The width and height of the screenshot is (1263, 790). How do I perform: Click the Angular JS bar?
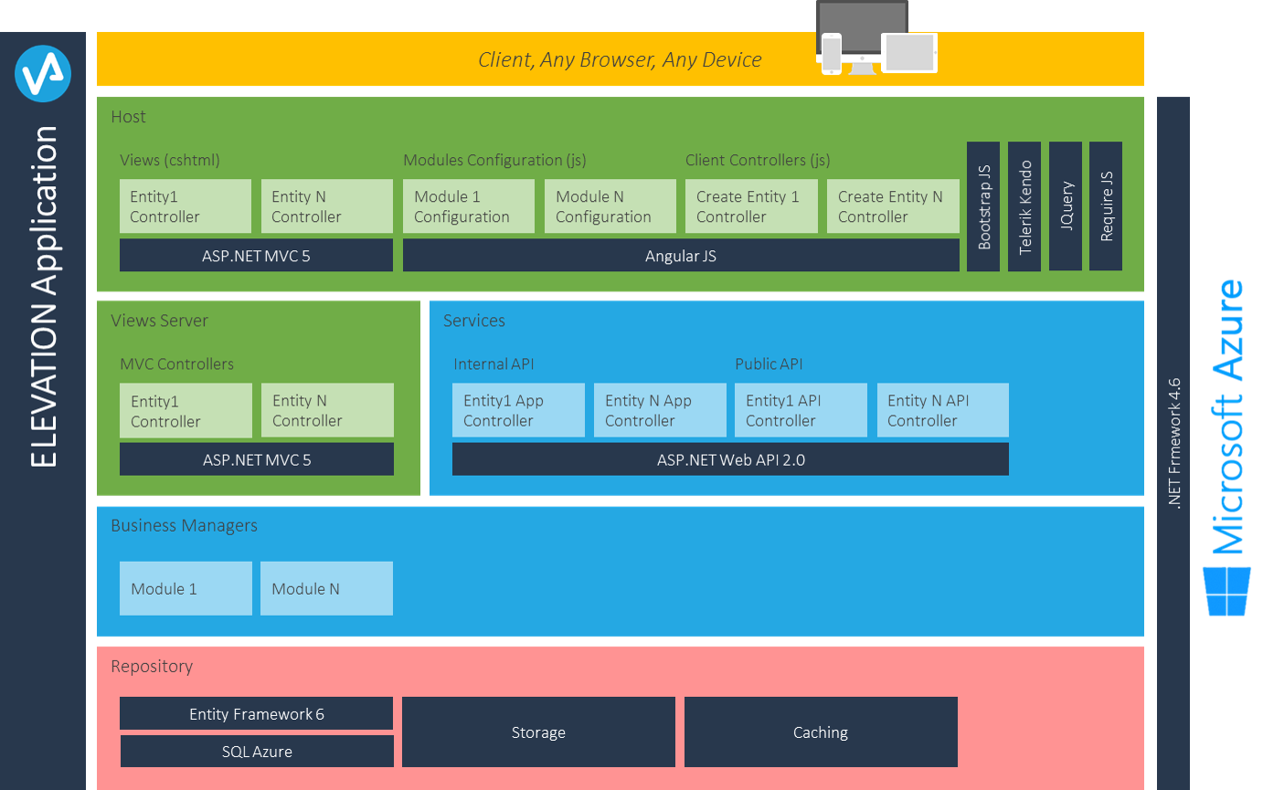click(681, 255)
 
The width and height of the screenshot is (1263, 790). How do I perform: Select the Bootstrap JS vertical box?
click(983, 206)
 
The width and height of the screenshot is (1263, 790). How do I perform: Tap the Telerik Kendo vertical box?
click(1024, 206)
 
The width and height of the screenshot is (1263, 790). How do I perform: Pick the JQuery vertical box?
click(1066, 206)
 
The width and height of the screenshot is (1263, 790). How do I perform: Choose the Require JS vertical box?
click(1106, 206)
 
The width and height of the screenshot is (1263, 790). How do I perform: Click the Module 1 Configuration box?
click(469, 206)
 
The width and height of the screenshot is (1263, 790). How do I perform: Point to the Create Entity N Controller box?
click(893, 206)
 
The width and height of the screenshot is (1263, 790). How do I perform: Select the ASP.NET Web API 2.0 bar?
click(730, 459)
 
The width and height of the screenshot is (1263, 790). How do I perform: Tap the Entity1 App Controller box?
click(518, 410)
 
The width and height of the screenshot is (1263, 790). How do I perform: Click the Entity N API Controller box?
click(943, 410)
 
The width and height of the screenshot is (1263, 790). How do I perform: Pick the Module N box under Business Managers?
click(326, 588)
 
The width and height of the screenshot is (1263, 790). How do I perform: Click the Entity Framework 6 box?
click(257, 713)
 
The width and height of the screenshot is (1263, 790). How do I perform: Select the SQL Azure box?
click(257, 751)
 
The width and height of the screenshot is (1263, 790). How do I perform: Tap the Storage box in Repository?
click(538, 732)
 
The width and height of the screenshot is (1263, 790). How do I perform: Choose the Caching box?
click(821, 732)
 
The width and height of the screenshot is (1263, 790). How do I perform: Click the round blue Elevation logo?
click(43, 74)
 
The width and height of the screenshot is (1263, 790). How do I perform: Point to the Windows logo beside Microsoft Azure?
click(1227, 592)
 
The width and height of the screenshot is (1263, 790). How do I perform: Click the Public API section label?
click(769, 364)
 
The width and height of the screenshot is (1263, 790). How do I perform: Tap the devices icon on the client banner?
click(876, 37)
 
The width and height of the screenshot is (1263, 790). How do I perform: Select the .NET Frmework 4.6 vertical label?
click(1174, 444)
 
